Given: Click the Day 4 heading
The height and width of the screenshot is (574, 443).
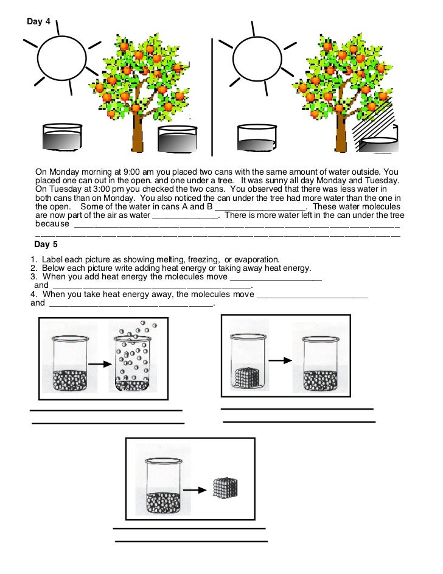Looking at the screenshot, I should click(38, 22).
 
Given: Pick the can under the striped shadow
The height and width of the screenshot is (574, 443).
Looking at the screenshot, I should click(378, 142).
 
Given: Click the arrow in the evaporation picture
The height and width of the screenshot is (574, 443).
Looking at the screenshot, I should click(97, 365).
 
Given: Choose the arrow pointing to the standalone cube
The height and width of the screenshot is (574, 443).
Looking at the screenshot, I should click(194, 489).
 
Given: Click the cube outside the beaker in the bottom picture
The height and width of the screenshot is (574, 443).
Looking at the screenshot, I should click(225, 488).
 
